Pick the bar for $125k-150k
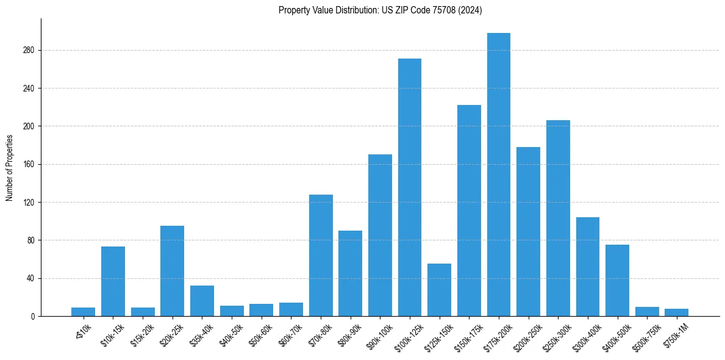439,290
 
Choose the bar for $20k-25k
172,271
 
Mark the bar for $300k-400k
587,267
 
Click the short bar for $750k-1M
676,312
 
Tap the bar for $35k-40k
202,301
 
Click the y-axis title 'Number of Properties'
10,167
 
